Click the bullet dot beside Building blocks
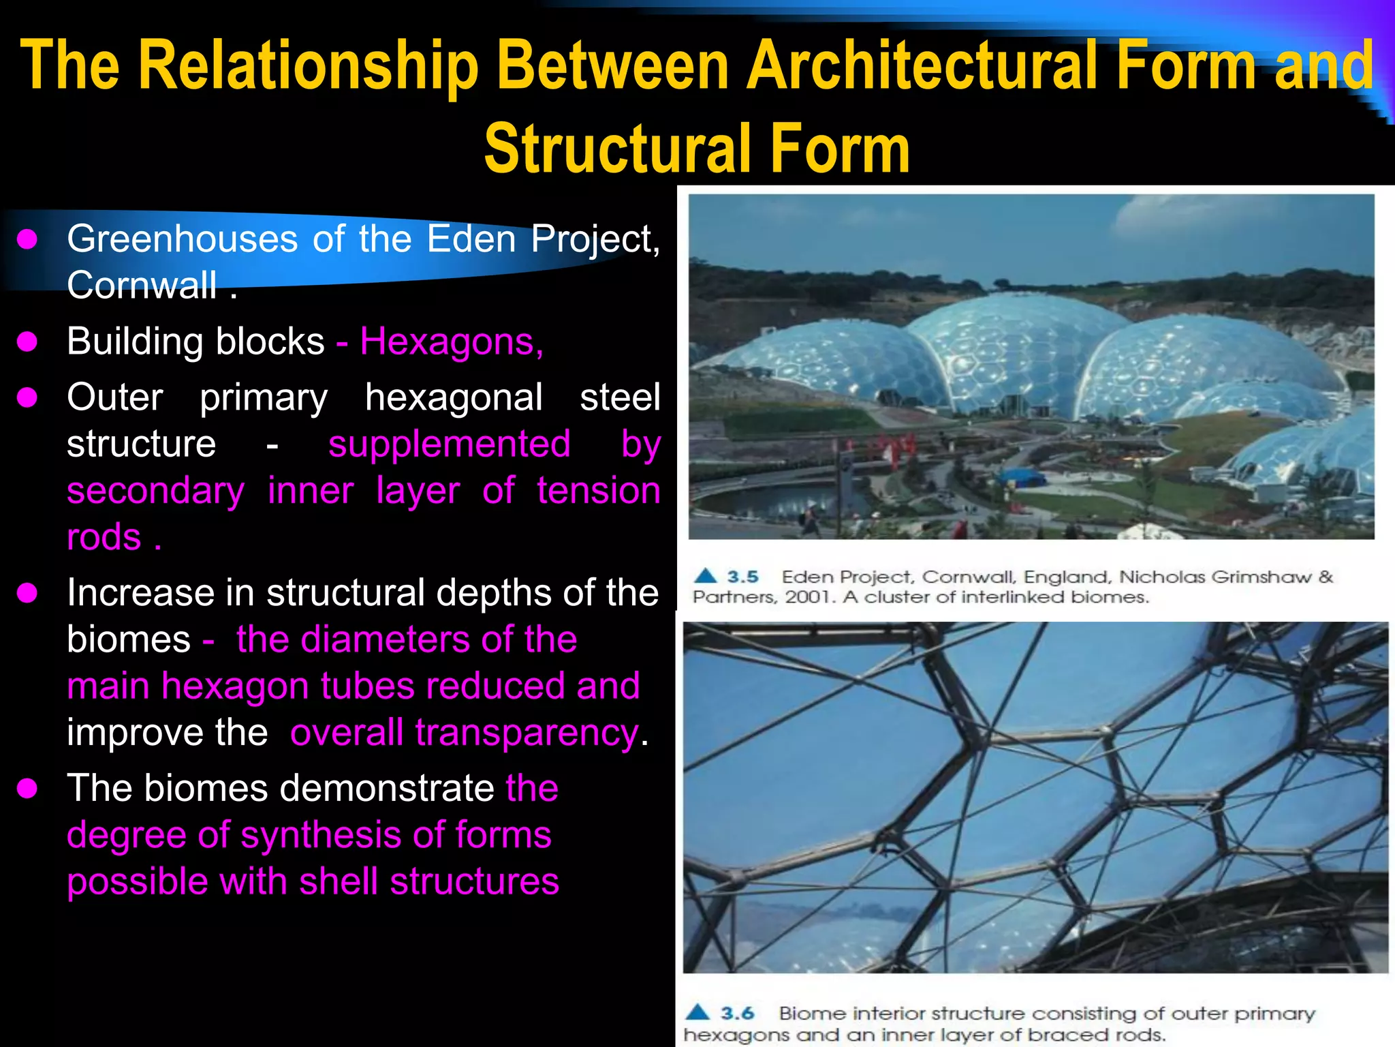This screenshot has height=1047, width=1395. [x=27, y=341]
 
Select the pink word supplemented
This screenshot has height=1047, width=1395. [x=449, y=444]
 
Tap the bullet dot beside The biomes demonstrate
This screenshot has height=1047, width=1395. [x=27, y=789]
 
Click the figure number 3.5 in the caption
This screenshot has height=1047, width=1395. [x=742, y=577]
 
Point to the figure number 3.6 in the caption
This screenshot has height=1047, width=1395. [x=737, y=1014]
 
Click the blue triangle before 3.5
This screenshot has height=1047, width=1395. [x=706, y=576]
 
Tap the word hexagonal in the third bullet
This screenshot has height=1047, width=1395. [x=454, y=397]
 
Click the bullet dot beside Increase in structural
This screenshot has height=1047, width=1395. [x=27, y=593]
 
